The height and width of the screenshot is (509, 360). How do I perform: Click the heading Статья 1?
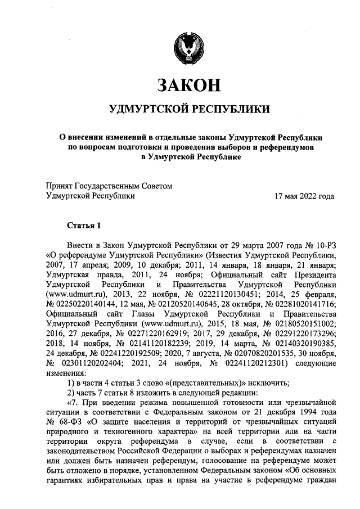(x=84, y=226)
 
